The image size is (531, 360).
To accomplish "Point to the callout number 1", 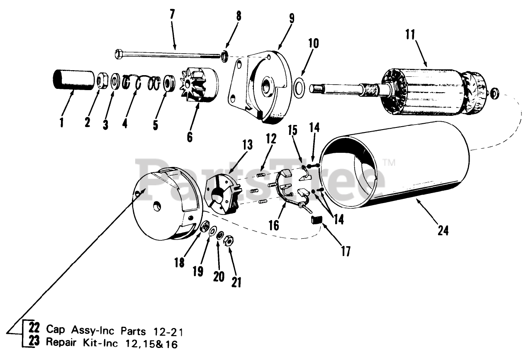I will click(61, 122).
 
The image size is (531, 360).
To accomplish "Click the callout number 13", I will click(247, 145).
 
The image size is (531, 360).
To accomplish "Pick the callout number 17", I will click(346, 251).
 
